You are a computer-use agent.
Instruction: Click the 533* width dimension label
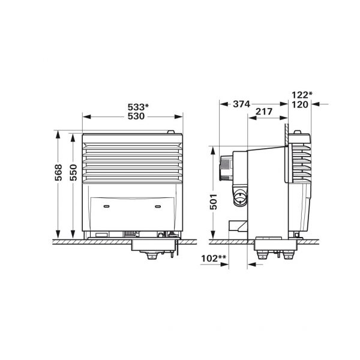coord(137,107)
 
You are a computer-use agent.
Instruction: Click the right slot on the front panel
coord(159,205)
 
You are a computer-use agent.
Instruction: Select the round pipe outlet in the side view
coord(240,197)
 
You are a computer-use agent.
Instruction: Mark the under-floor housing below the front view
coord(154,247)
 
